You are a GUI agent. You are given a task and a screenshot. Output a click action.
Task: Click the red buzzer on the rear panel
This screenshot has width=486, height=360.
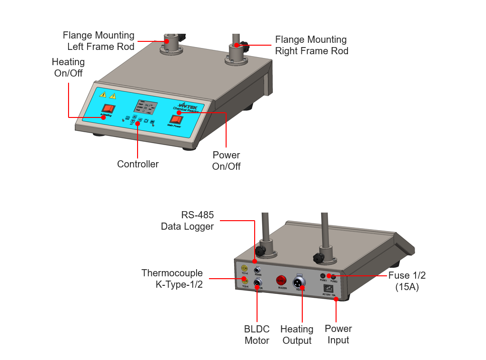coord(281,280)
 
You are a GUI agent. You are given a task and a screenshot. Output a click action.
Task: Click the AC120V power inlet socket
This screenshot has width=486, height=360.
coord(328,288)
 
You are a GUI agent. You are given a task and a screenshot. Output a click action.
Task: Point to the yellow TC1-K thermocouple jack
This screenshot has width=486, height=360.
coord(245,269)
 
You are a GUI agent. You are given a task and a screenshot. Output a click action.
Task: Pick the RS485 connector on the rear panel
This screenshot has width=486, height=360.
coord(258,270)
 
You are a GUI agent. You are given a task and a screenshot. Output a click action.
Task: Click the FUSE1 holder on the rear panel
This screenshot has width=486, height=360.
coord(323,276)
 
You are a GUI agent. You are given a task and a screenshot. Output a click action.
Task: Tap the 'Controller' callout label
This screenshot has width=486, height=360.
coord(138,164)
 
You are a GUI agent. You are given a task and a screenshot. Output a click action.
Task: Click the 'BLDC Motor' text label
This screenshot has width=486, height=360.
coord(257,335)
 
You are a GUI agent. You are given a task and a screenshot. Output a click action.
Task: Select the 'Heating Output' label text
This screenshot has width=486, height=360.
coord(297,335)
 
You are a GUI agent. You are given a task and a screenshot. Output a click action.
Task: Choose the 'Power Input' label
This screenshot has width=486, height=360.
coord(338,334)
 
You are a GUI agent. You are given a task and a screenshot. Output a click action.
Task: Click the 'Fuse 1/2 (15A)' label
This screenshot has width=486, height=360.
coord(407,281)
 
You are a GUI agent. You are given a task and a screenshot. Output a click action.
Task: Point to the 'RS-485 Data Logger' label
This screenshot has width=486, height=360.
coord(188,221)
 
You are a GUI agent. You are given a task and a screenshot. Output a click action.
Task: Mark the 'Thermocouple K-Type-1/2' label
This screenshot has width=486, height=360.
coord(172,279)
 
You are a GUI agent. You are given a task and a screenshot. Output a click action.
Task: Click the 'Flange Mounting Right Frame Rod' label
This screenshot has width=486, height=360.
coord(311,45)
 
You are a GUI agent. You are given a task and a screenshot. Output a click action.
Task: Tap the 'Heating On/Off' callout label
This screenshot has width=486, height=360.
coord(68,68)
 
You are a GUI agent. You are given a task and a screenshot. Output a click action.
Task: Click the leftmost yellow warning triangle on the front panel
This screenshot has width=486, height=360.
coord(102,94)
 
